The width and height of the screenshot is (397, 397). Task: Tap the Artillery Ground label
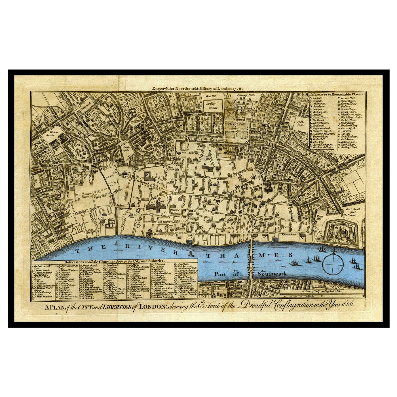point(211,105)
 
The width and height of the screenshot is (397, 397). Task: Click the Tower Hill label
point(320,217)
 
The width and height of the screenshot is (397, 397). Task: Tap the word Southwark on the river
point(272,274)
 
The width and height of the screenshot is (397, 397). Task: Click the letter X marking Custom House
point(302,239)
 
